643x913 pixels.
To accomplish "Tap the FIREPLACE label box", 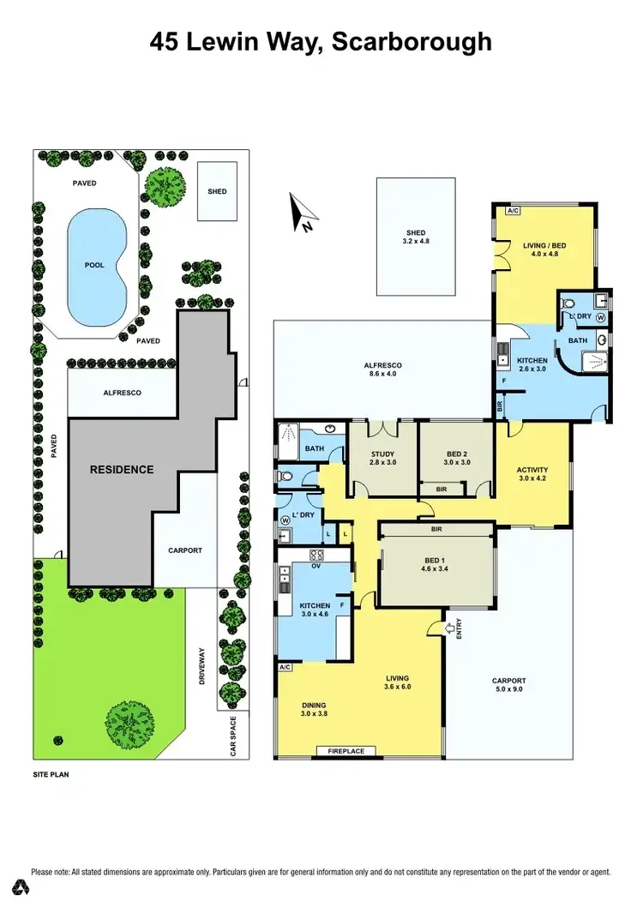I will [x=346, y=752].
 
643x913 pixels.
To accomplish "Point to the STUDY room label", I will [x=382, y=459].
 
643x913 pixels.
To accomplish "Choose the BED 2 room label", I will [x=456, y=459].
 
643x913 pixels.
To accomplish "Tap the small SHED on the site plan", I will [x=218, y=191].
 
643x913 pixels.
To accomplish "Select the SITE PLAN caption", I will [x=51, y=774].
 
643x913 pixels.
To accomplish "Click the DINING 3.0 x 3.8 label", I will [x=315, y=708].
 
